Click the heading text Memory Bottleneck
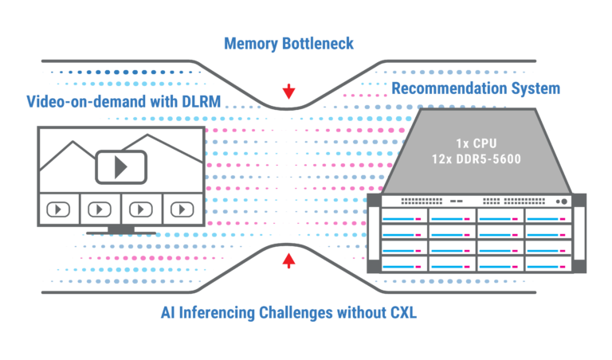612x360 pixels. pos(288,44)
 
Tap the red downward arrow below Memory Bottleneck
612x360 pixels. pos(288,92)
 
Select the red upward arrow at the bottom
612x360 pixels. pos(288,260)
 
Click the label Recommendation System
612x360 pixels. pos(476,88)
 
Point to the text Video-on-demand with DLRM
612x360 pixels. pos(124,102)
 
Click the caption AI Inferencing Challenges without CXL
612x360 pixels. pos(288,313)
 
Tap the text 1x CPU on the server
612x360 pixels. pos(477,143)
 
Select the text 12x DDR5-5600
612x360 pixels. pos(477,159)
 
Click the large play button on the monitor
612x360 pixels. pos(121,167)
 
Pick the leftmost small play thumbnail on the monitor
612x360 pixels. pos(58,209)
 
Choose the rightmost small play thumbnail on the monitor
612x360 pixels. pos(182,209)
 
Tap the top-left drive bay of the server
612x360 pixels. pos(404,216)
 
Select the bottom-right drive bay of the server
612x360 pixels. pos(548,264)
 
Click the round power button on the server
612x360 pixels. pos(564,202)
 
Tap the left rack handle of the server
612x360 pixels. pos(374,233)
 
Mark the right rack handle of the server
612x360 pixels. pos(579,233)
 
